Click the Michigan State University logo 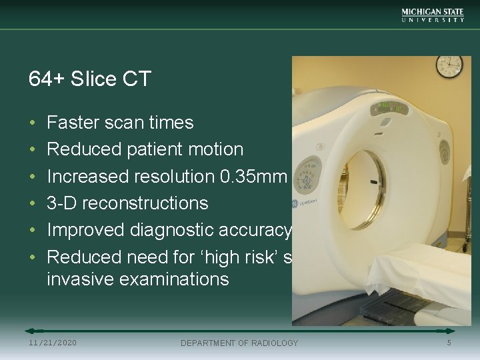[x=433, y=15]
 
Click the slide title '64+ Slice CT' [x=90, y=79]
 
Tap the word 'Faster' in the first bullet [x=72, y=123]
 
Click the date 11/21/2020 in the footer [x=53, y=343]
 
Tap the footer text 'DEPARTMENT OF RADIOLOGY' [x=240, y=343]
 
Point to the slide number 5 [x=449, y=343]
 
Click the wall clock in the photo [x=449, y=65]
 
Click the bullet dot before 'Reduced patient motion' [x=33, y=150]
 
